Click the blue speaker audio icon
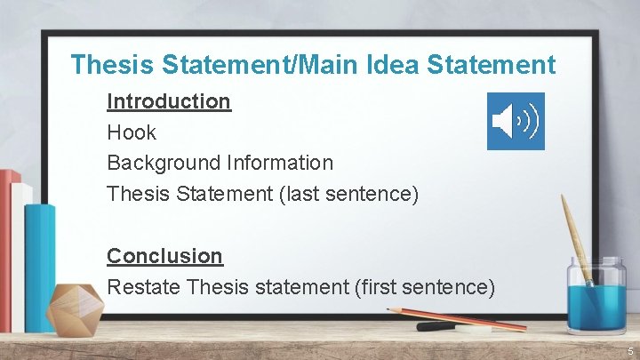tap(516, 121)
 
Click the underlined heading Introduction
tap(169, 101)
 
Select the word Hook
tap(132, 132)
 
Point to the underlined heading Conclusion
tap(164, 256)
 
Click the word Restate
tap(145, 287)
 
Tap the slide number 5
tap(628, 352)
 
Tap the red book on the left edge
tap(8, 240)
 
